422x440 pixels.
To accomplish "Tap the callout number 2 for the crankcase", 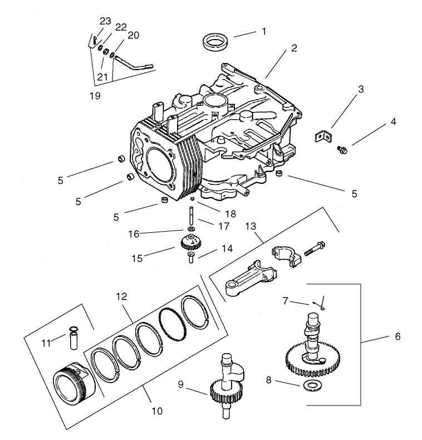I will click(293, 48).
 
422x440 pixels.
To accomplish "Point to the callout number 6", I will click(397, 337).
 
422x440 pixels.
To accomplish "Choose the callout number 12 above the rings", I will click(121, 297).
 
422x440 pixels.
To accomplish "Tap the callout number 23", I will click(106, 21).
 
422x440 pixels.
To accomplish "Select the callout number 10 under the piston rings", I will click(157, 411).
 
